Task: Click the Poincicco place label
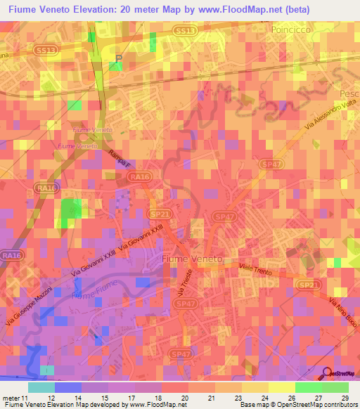pos(290,32)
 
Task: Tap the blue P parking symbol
pos(118,59)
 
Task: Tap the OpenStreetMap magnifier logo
pos(325,373)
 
